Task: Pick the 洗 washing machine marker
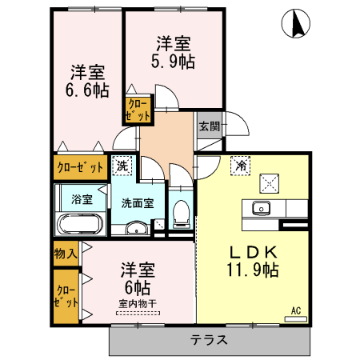[x=122, y=166]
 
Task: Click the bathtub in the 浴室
[x=78, y=224]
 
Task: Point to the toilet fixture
[x=181, y=214]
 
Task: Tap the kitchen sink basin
[x=260, y=210]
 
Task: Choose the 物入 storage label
[x=66, y=254]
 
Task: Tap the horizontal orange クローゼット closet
[x=80, y=168]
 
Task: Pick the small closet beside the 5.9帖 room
[x=137, y=110]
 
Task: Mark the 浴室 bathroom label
[x=81, y=197]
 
